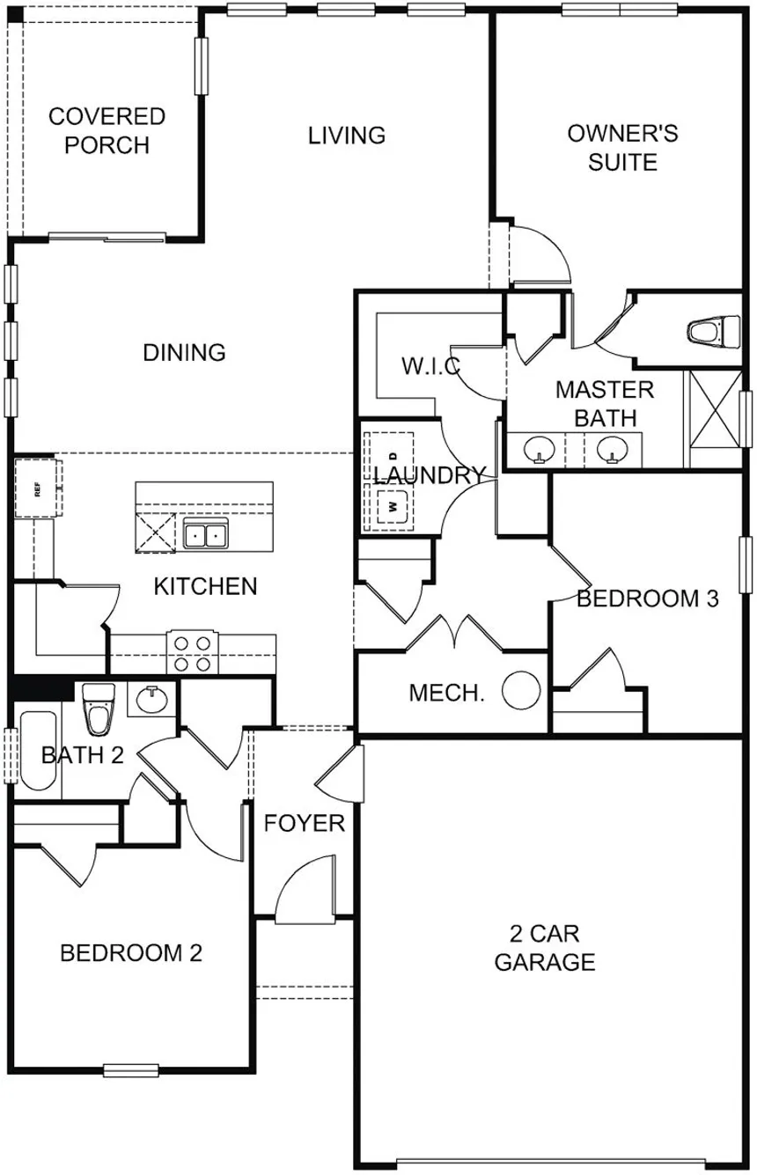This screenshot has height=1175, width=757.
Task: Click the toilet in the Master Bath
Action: (x=714, y=331)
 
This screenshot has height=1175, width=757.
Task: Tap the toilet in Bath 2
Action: (x=99, y=709)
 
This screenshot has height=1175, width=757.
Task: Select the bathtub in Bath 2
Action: (x=38, y=751)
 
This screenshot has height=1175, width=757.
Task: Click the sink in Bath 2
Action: (x=151, y=699)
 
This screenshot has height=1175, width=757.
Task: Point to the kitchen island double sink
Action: (x=206, y=534)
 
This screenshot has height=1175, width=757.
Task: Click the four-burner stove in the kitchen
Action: (x=193, y=653)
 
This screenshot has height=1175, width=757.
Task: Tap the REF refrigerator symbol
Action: (x=36, y=488)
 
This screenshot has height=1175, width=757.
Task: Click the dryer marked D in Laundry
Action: (x=393, y=455)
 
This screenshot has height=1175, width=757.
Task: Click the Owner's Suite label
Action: (x=622, y=147)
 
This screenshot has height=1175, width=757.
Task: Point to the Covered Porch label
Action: (x=107, y=130)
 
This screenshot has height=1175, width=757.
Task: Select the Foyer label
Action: (x=305, y=823)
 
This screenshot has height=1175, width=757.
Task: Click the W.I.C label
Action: (x=430, y=365)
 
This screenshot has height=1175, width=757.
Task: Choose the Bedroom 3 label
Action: (x=647, y=599)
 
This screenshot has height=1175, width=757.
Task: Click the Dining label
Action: (x=184, y=352)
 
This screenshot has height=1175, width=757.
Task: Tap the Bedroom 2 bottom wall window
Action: (x=131, y=1070)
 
